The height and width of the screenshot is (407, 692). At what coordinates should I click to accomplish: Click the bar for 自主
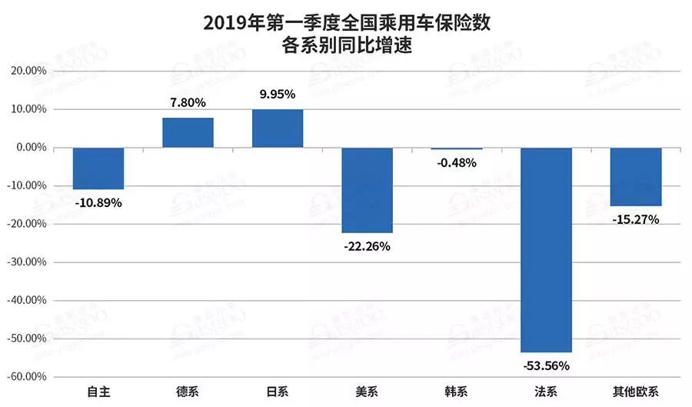tap(98, 168)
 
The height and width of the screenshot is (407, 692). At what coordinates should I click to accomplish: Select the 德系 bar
tap(188, 132)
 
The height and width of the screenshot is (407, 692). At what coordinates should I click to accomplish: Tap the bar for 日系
tap(278, 128)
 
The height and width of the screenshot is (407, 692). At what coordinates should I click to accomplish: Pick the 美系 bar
tap(368, 189)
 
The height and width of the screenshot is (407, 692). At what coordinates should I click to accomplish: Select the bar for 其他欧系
tap(636, 176)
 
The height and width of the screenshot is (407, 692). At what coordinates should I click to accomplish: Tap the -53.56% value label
tap(546, 366)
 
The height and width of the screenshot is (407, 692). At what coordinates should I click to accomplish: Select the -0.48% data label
tap(457, 163)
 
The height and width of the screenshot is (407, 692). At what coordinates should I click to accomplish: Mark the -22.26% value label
tap(368, 246)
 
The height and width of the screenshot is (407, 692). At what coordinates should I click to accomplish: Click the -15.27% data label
tap(636, 219)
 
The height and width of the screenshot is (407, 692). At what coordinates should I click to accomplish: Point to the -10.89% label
tap(98, 203)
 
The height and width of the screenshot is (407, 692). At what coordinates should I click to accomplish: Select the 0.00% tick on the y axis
tap(34, 148)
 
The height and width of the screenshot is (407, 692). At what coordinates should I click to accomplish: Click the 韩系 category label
tap(457, 392)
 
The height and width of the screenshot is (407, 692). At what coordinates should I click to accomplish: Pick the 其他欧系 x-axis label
tap(636, 392)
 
